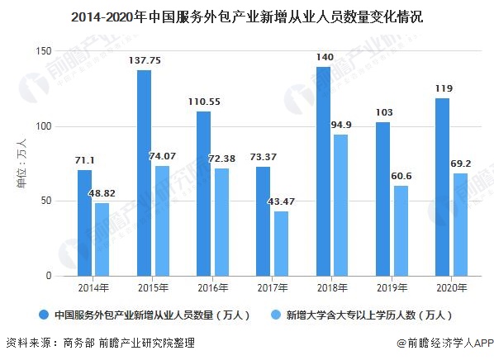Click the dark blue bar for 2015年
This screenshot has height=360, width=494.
pos(144,173)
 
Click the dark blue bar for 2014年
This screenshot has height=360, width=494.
pos(84,222)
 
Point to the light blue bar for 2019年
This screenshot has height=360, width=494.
pos(400,230)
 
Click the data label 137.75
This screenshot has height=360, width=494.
pos(144,60)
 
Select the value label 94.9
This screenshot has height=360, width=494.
pos(342,125)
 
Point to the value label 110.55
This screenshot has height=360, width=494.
pos(203,102)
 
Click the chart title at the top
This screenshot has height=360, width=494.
pos(247,17)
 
